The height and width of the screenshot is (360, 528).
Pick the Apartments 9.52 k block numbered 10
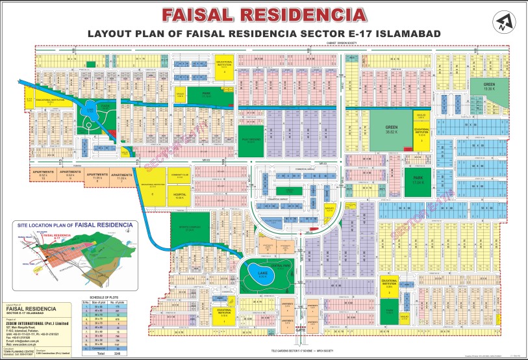pos(43,175)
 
